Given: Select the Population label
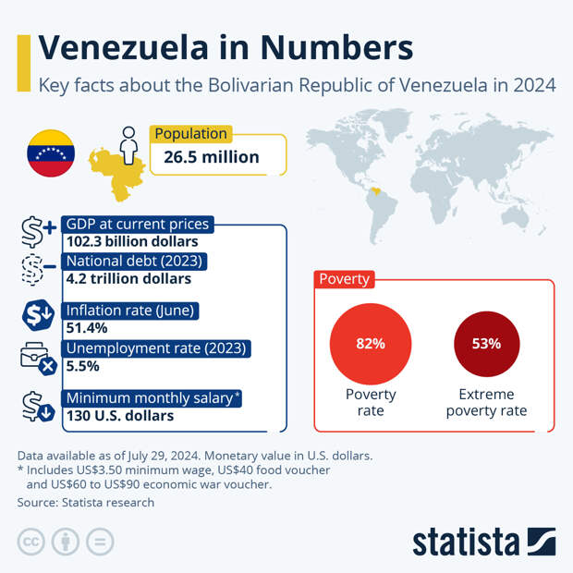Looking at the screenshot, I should (x=191, y=134).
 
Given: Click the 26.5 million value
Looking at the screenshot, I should (x=212, y=157).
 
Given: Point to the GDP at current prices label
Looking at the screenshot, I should (x=138, y=225).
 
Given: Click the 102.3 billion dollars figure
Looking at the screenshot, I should (x=132, y=241).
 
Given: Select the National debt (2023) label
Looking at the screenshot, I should (x=134, y=262).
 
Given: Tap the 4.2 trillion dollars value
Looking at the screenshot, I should (x=128, y=278).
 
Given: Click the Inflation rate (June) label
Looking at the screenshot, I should (x=129, y=311).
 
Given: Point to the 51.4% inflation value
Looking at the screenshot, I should (x=87, y=327).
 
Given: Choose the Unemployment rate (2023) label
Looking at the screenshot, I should (x=155, y=348).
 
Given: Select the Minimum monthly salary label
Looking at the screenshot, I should (x=153, y=398).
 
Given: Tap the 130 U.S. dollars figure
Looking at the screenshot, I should (x=119, y=416).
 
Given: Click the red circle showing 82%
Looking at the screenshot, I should (x=371, y=344).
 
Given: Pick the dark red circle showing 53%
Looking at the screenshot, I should (x=486, y=344).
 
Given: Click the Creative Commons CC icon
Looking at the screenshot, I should (x=31, y=542).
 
